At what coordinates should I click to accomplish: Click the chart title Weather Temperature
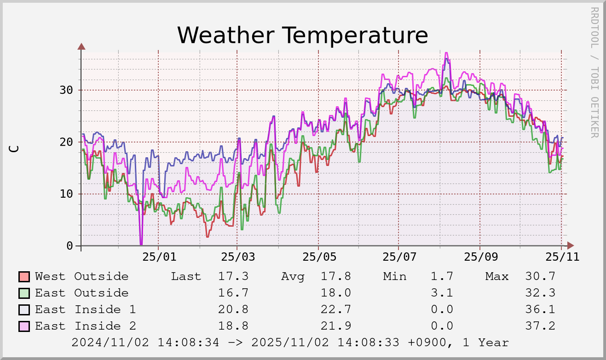pos(302,35)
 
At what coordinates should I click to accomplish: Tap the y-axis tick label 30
pos(66,90)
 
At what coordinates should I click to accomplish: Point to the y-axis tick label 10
pos(66,194)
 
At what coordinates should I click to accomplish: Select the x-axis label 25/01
pos(158,257)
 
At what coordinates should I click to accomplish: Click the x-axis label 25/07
pos(398,257)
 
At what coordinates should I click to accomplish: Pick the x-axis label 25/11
pos(561,257)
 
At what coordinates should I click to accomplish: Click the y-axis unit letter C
pos(14,149)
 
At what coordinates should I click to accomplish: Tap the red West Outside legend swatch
pos(24,277)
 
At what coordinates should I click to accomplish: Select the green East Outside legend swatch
pos(24,293)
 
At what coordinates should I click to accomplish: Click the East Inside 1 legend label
pos(85,309)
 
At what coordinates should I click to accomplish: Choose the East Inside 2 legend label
pos(85,326)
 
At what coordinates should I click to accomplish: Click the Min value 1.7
pos(442,276)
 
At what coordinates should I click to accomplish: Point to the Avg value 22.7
pos(336,309)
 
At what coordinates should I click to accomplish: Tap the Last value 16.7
pos(233,293)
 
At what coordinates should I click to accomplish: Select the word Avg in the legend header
pos(293,276)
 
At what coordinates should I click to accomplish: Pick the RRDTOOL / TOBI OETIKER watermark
pos(594,72)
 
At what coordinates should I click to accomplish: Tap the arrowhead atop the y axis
pos(81,46)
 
